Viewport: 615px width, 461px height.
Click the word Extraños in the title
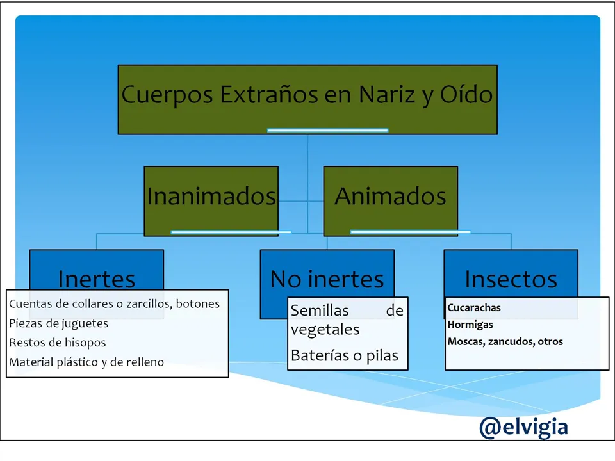(x=268, y=95)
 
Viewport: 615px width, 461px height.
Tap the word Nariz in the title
(x=387, y=95)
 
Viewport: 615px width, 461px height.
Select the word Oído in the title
(x=466, y=94)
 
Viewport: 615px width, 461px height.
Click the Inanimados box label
(x=211, y=196)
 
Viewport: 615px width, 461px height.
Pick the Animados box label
(x=390, y=196)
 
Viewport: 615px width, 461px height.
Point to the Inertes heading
(x=97, y=279)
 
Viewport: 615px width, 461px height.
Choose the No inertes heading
(x=327, y=279)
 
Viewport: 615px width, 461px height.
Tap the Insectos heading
(x=511, y=279)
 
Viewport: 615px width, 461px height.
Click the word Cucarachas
(x=474, y=308)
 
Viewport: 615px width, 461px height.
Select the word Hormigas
(x=470, y=325)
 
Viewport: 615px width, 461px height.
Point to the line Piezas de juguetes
(x=58, y=324)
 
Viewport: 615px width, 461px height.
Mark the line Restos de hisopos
(x=57, y=343)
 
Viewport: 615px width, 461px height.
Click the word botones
(x=198, y=303)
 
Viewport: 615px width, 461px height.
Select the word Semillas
(x=320, y=311)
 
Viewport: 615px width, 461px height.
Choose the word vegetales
(x=325, y=330)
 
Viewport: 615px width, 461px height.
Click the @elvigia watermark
(x=523, y=428)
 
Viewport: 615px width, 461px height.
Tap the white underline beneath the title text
(x=328, y=131)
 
